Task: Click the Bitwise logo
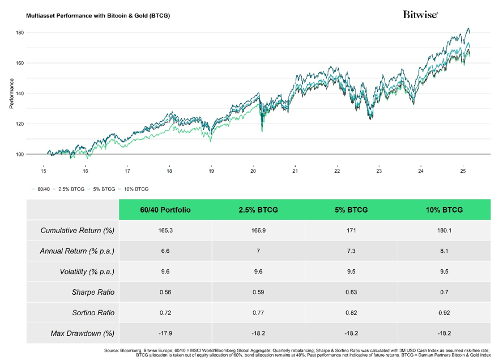(420, 15)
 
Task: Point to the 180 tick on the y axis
(20, 33)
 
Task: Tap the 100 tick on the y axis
(20, 154)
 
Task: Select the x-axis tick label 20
(253, 171)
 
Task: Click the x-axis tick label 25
(463, 171)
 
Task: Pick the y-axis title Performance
(11, 94)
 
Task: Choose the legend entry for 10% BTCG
(136, 189)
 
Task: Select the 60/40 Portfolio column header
(165, 210)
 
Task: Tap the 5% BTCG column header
(351, 210)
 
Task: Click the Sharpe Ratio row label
(94, 292)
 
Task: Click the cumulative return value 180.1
(444, 231)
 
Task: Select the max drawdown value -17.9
(165, 333)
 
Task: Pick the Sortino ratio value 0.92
(444, 312)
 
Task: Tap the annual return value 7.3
(351, 251)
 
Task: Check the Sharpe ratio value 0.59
(258, 292)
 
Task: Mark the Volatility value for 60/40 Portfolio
(165, 272)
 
